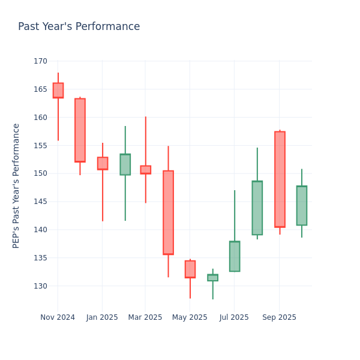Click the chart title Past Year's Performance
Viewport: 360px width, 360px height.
[x=79, y=27]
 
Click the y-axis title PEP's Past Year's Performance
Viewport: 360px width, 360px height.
[x=17, y=185]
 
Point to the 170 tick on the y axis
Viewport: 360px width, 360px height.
[x=40, y=61]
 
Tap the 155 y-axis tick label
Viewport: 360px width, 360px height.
[x=40, y=145]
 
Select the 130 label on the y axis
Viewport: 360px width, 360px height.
[x=40, y=286]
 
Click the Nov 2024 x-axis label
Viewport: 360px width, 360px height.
[x=58, y=317]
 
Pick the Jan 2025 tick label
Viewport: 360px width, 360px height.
[x=102, y=317]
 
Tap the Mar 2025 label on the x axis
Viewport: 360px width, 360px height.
[x=145, y=317]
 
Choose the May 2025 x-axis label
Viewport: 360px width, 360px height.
[x=190, y=317]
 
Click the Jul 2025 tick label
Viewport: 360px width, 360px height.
[x=234, y=317]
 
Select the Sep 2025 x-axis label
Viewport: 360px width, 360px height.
[x=279, y=317]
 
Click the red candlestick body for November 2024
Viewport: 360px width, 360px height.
[x=58, y=90]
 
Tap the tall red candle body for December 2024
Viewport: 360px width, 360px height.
[x=80, y=130]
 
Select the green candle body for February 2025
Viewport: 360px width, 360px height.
[x=125, y=164]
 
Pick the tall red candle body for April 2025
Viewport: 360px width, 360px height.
[x=168, y=212]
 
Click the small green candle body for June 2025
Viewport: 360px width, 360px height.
[x=212, y=278]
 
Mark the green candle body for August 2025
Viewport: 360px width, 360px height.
[x=257, y=208]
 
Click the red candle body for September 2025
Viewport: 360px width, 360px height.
[x=280, y=179]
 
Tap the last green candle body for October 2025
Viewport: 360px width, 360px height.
[x=301, y=206]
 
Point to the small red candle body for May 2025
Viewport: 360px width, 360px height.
[x=190, y=269]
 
